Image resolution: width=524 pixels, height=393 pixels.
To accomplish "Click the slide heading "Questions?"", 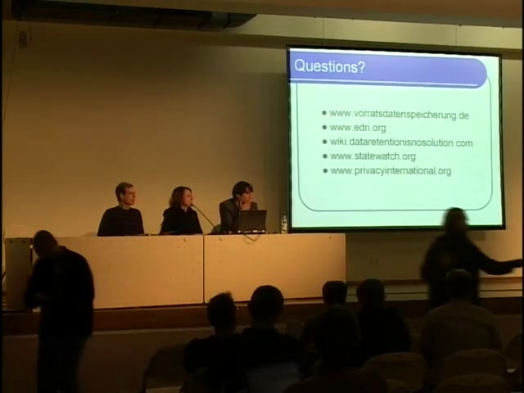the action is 329,66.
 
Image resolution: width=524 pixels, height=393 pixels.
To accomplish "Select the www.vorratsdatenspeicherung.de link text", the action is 399,115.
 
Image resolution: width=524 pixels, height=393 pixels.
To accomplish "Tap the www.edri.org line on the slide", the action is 358,128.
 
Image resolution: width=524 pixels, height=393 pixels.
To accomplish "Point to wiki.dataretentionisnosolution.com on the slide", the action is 401,142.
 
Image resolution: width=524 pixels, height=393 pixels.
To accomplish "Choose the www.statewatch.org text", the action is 373,156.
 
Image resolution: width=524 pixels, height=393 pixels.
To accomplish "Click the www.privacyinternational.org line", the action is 391,171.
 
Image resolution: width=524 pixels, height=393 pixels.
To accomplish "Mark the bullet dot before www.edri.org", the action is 324,128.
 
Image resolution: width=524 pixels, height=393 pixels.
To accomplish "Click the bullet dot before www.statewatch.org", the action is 325,156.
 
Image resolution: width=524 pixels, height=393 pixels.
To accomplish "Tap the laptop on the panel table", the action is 252,221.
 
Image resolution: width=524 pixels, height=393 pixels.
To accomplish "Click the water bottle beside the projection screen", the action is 284,224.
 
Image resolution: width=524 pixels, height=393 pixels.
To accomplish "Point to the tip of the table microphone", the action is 192,206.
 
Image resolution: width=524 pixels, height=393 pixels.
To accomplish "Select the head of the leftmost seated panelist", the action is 125,194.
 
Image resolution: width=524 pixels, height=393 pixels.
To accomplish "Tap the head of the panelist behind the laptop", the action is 242,193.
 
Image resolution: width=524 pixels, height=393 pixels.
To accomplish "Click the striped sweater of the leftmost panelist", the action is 121,221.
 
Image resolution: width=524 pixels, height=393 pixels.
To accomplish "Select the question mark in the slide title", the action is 361,67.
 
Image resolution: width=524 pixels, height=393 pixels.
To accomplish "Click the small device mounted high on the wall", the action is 23,38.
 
